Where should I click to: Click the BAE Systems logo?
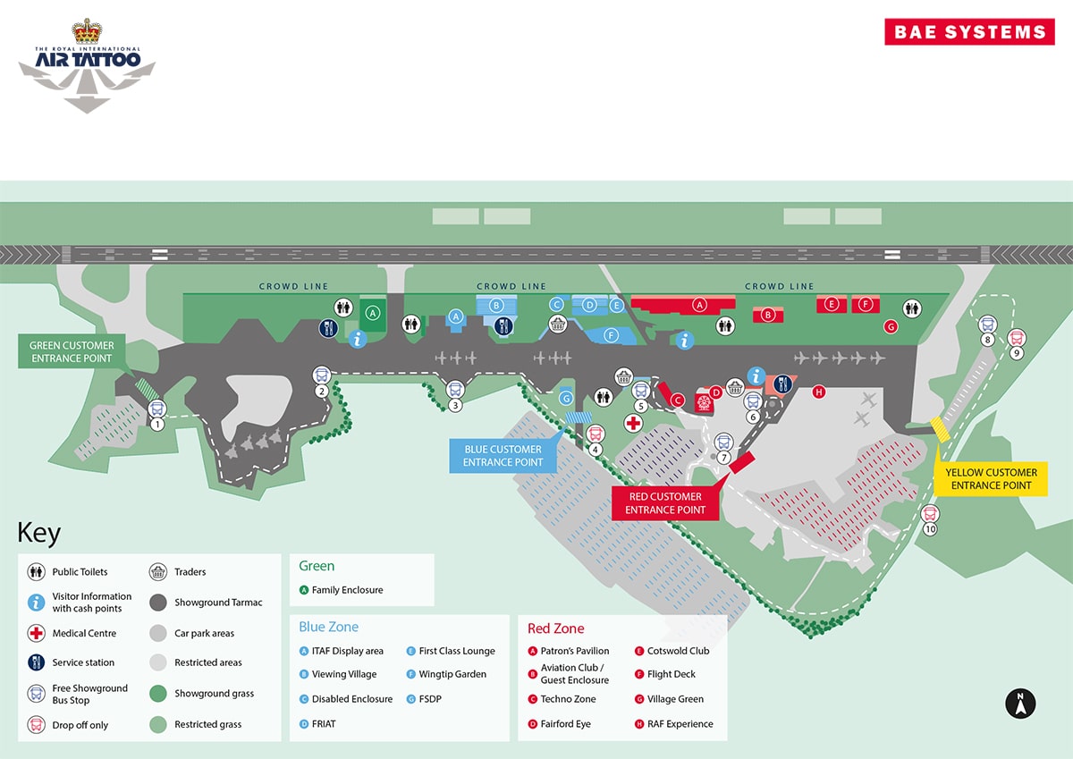click(969, 31)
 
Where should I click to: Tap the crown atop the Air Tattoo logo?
click(87, 31)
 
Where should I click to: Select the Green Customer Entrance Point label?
click(72, 351)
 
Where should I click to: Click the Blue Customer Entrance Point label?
click(503, 455)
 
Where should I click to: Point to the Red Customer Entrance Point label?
click(665, 502)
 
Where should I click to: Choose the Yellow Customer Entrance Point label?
click(991, 478)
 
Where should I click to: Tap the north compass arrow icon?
click(1020, 704)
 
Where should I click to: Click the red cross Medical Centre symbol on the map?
click(633, 423)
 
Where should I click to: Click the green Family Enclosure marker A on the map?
click(373, 313)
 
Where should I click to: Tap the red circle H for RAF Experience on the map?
click(819, 392)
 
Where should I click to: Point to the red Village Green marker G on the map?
click(891, 327)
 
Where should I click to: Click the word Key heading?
click(38, 533)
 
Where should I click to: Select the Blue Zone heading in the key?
click(329, 627)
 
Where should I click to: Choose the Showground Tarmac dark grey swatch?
click(158, 603)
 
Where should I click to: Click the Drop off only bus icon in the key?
click(36, 724)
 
